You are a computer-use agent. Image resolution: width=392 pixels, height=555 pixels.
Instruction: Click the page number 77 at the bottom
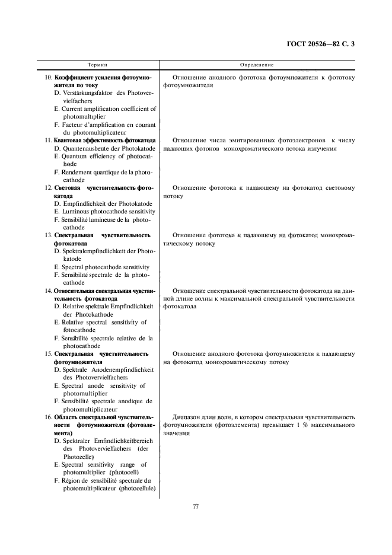[196, 506]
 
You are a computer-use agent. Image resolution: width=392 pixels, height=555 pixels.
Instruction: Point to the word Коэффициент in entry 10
[75, 78]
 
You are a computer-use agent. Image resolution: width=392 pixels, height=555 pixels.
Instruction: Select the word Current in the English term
[76, 109]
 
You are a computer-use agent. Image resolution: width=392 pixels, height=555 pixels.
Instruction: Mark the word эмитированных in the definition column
[249, 141]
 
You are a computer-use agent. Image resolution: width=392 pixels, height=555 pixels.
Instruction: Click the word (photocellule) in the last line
[137, 488]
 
